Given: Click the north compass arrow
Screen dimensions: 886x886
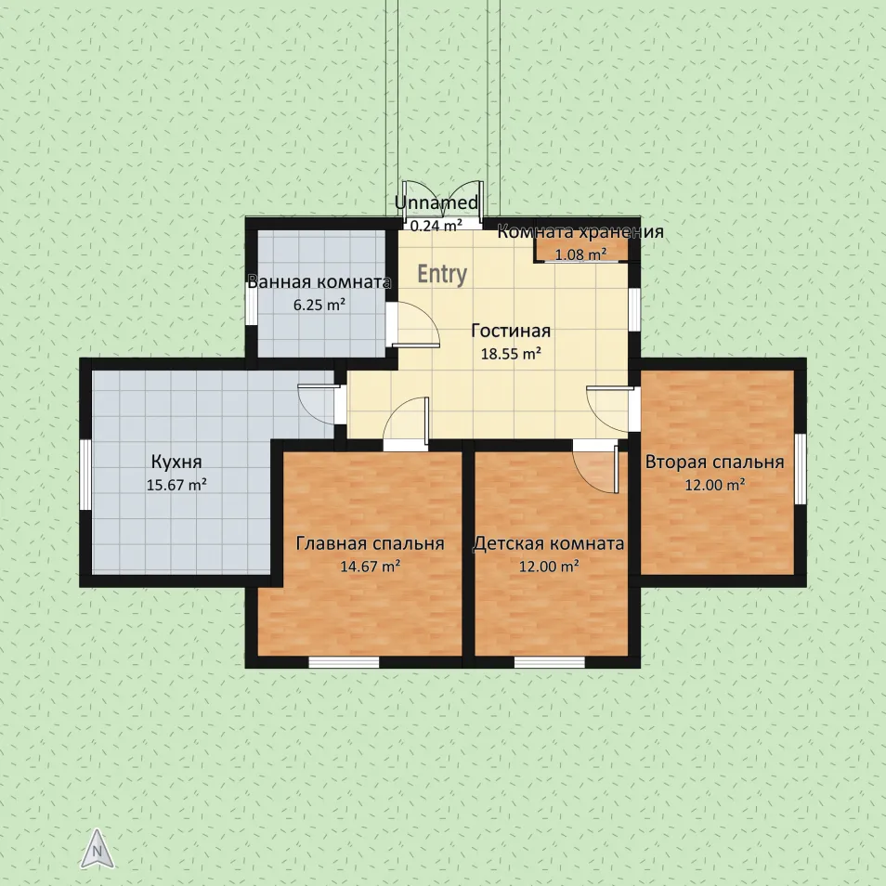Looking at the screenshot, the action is click(x=98, y=848).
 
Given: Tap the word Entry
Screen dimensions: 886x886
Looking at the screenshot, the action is click(x=442, y=274).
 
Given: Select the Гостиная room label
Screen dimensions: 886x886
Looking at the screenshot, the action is click(x=511, y=331).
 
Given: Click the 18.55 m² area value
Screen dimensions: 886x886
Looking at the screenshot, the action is click(x=511, y=354).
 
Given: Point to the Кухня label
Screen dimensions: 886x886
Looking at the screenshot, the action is click(x=176, y=462).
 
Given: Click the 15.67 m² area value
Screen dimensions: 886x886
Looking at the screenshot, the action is click(x=176, y=485).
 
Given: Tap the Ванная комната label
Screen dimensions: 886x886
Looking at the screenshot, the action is click(x=319, y=282).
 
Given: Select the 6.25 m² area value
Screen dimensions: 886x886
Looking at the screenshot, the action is click(x=319, y=306).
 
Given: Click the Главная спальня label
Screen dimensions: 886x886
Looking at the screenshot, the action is click(x=371, y=543).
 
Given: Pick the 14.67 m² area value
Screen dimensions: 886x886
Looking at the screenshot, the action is click(x=371, y=567).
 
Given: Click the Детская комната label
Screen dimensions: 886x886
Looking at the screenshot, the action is click(x=549, y=543).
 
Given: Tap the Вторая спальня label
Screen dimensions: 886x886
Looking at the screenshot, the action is click(x=715, y=462).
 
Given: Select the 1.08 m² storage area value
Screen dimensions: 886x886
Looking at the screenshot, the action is click(x=580, y=254).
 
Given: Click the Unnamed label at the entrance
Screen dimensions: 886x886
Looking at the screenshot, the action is click(x=436, y=202).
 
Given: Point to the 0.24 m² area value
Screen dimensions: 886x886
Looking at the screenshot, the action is click(x=436, y=226).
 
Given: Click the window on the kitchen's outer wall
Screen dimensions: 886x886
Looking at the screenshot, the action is click(x=85, y=475).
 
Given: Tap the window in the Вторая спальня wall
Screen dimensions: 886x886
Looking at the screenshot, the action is click(x=801, y=468).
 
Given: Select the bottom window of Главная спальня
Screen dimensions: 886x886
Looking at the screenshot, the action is click(x=344, y=662).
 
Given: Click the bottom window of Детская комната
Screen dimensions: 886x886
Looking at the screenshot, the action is click(x=549, y=662).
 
